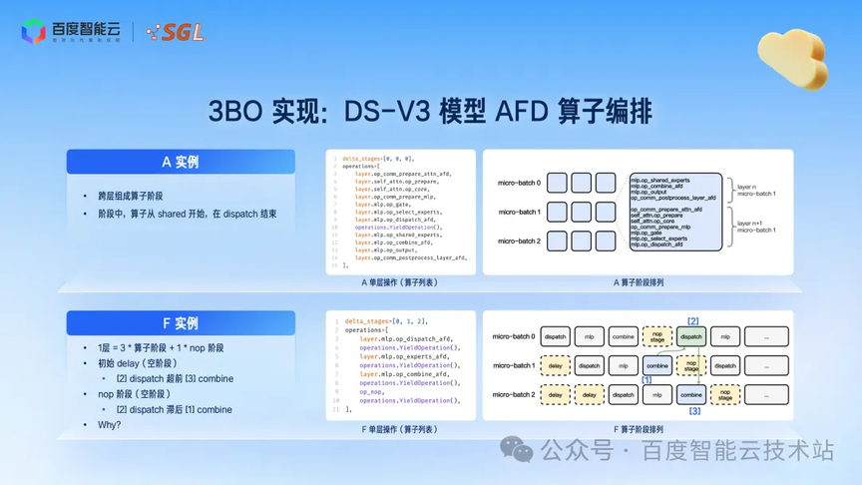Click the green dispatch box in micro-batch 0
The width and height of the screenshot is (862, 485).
pos(691,337)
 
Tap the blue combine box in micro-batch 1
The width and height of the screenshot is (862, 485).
pos(657,365)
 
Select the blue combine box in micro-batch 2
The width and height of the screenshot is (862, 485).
pos(691,395)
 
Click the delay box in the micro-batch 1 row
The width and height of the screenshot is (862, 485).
pos(556,365)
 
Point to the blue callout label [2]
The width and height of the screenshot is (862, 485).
pos(692,321)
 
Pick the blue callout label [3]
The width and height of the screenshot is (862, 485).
pos(694,410)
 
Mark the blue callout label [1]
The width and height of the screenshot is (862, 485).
pos(646,380)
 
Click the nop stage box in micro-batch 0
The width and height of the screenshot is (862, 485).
pos(657,337)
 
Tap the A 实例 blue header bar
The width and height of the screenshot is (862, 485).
pos(181,162)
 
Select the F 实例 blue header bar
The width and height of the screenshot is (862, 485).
pos(181,323)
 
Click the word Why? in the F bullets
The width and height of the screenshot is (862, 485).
pos(109,425)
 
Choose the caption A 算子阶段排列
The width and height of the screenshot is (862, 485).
pos(639,282)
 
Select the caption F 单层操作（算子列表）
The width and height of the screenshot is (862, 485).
pos(400,429)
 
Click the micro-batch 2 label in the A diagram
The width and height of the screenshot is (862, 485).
pos(519,241)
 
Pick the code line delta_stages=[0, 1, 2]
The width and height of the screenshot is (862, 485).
pos(377,321)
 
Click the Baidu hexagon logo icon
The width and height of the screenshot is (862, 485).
pos(33,32)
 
